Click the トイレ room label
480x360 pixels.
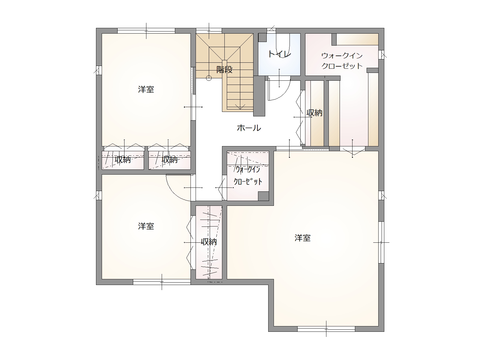point(280,54)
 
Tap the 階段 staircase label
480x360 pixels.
point(224,70)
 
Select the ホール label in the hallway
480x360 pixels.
point(249,128)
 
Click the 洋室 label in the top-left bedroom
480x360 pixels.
point(146,89)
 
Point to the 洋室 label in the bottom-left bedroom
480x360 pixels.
point(146,226)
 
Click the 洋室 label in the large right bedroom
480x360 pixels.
point(303,238)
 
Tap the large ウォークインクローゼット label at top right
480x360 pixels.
point(342,61)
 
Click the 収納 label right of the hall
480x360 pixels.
point(314,113)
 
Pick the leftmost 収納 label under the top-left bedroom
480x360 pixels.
point(123,160)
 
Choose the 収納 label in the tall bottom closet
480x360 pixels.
point(209,242)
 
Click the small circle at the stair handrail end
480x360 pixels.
point(209,78)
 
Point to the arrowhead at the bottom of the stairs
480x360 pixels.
point(240,107)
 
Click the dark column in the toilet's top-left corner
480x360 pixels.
point(262,37)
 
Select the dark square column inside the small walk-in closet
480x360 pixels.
point(263,196)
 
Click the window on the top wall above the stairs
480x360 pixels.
point(209,31)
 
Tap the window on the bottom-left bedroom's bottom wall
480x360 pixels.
point(162,282)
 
